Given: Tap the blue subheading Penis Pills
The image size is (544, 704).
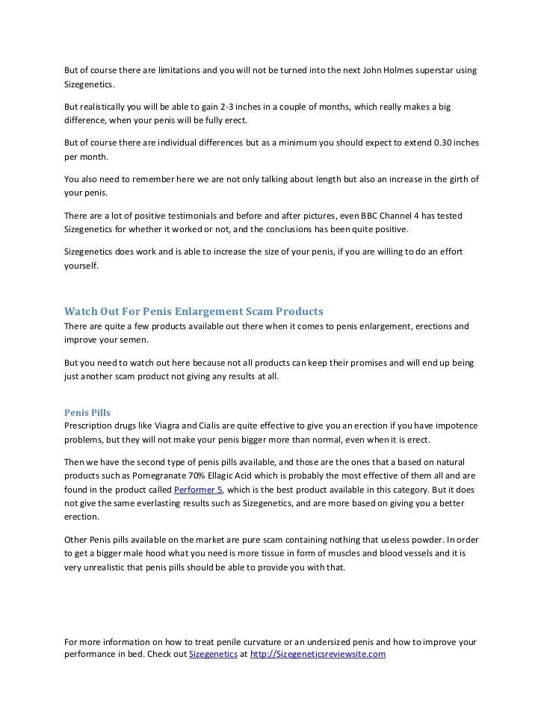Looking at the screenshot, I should tap(87, 411).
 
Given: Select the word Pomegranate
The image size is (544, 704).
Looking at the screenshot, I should tap(154, 475).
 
